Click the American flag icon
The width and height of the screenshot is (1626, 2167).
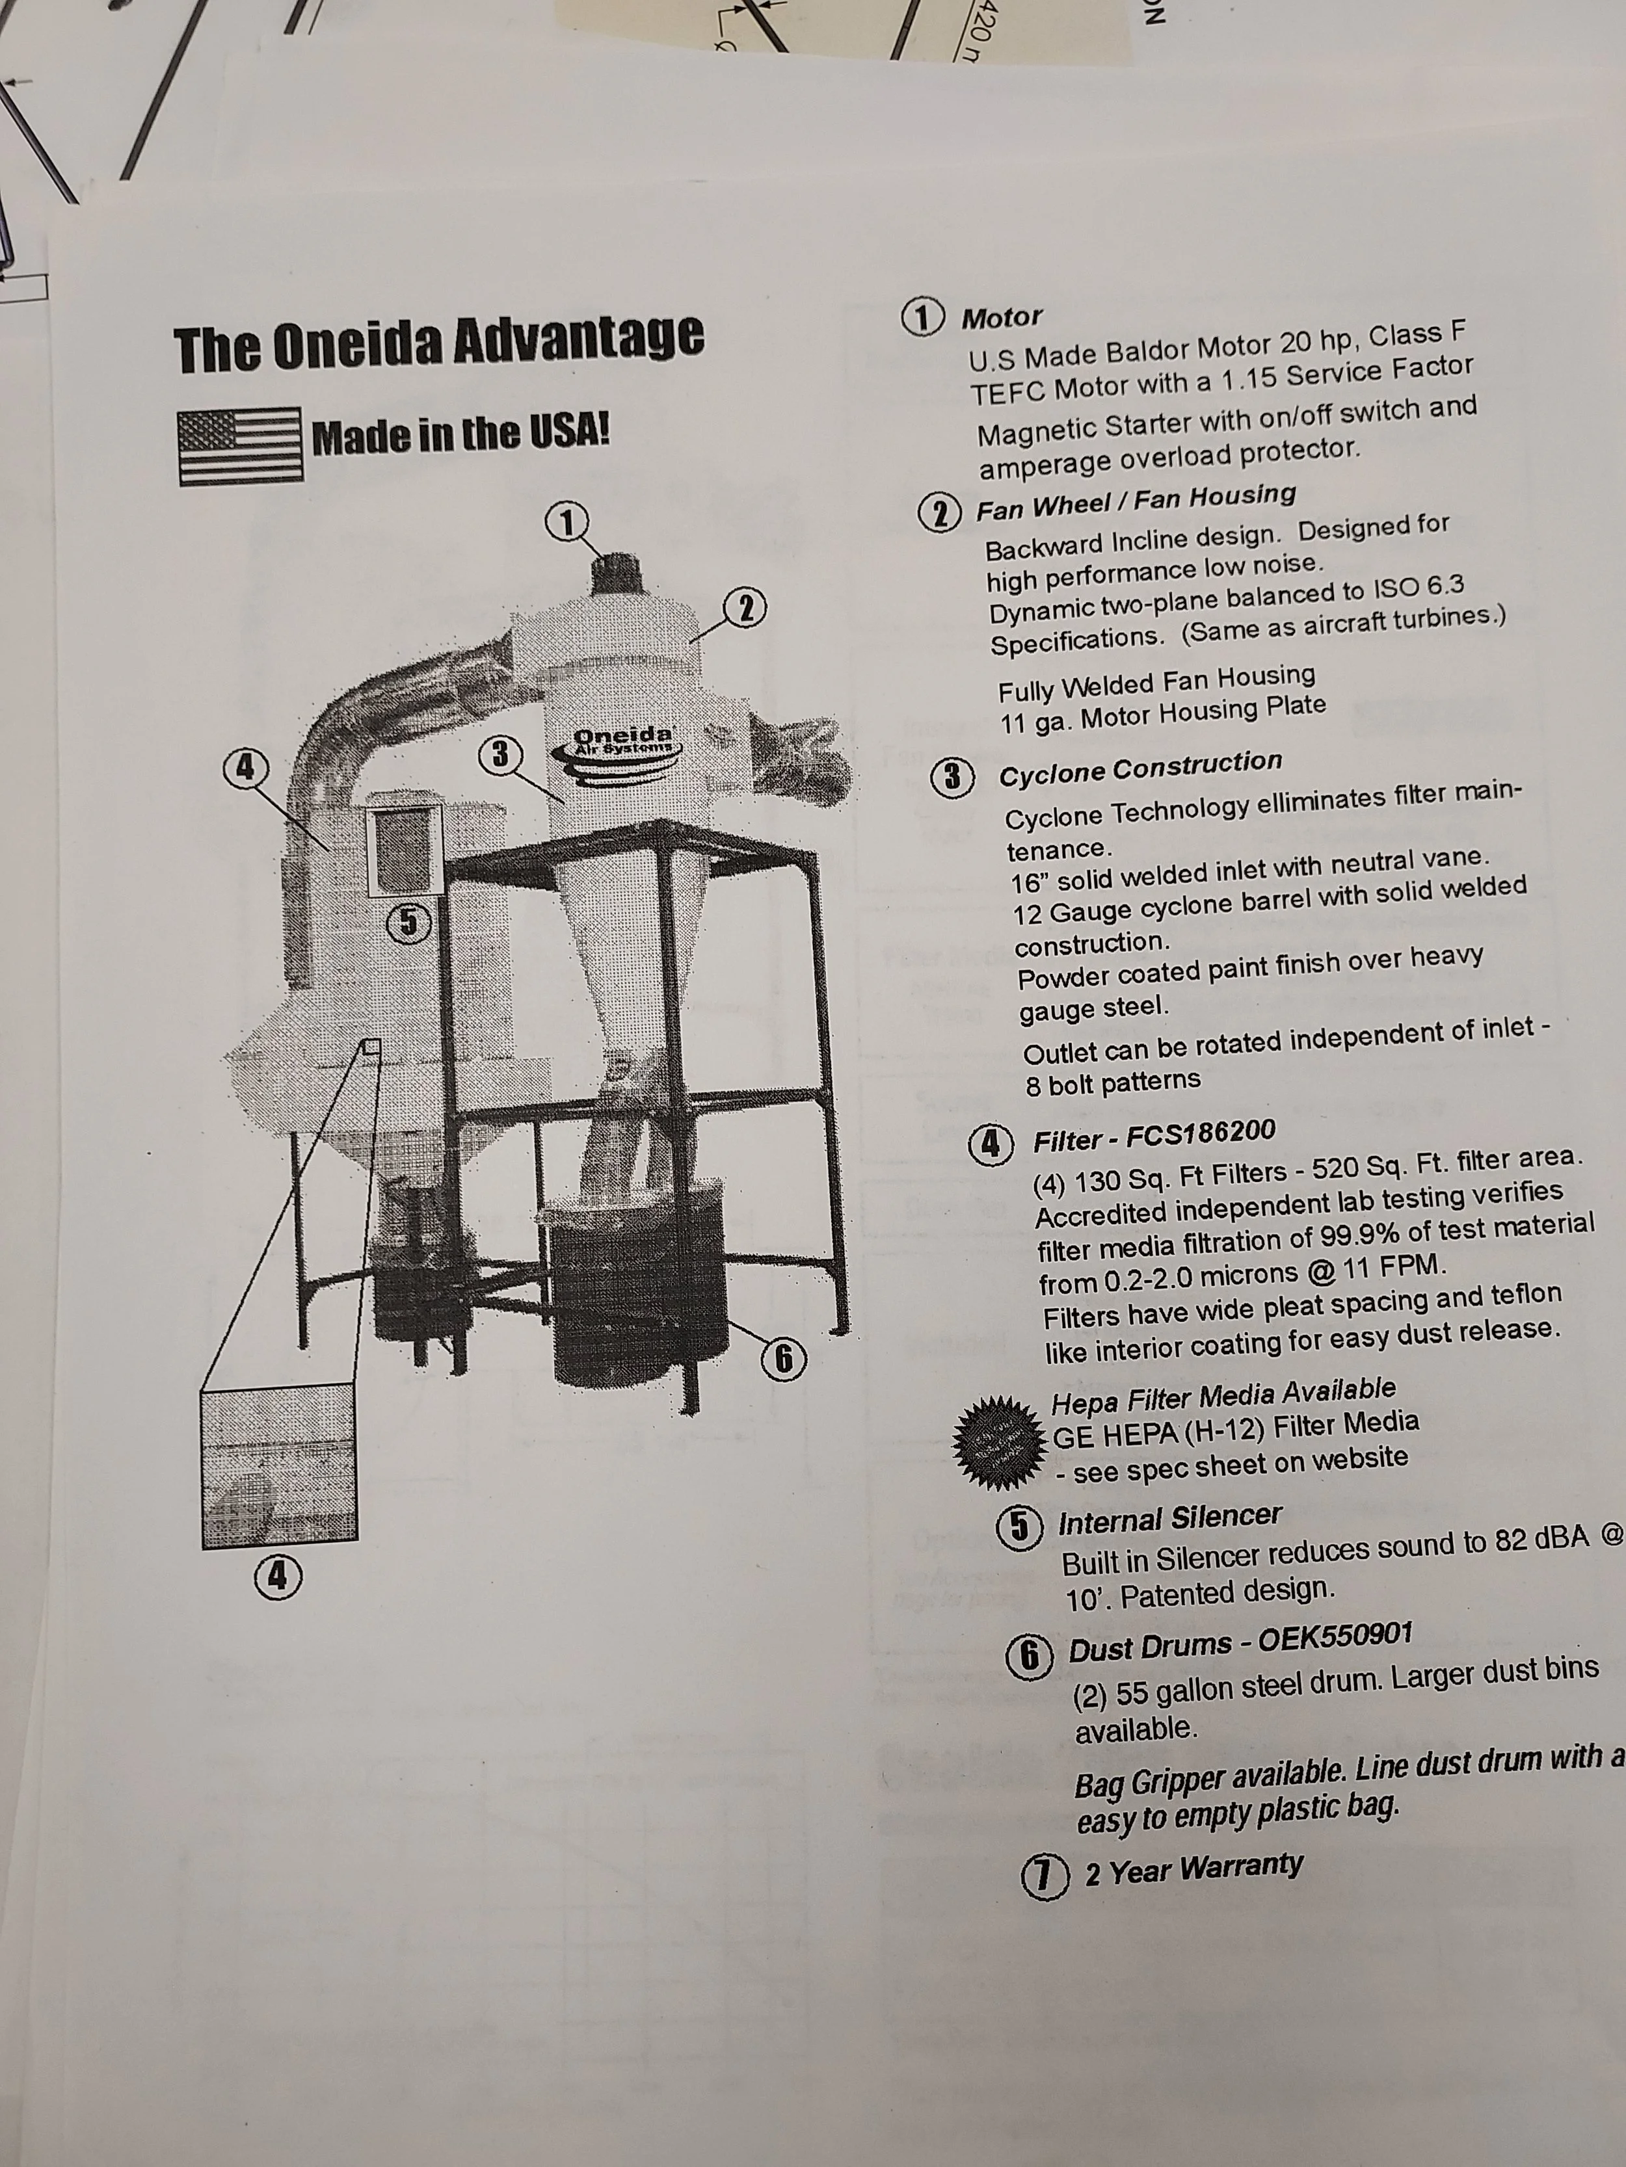coord(240,446)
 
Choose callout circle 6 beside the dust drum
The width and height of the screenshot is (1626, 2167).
coord(784,1359)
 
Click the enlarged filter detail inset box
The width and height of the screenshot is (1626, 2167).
coord(279,1464)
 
